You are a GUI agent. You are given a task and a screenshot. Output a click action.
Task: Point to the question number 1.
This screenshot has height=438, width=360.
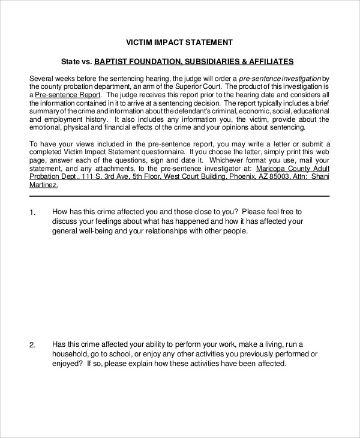pos(32,212)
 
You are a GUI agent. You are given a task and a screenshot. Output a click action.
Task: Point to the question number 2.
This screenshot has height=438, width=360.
pos(32,345)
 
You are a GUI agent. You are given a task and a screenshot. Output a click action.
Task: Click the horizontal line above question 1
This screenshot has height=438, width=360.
pos(179,196)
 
